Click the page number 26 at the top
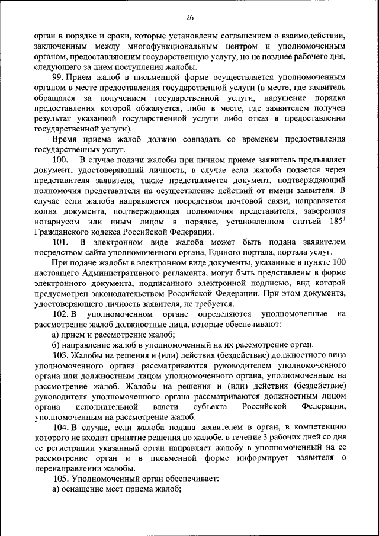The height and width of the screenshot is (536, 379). [189, 16]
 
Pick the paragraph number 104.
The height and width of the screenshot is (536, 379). [61, 426]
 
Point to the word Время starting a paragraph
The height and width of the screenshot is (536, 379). [66, 139]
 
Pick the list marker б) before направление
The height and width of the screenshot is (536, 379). [56, 344]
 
